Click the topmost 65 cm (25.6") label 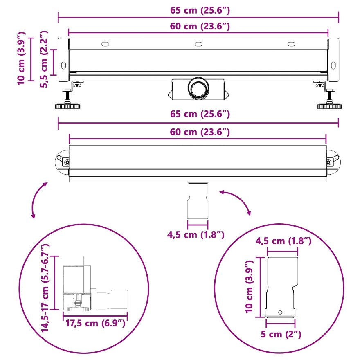200,10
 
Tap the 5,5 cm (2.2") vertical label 44,59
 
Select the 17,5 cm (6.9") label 95,323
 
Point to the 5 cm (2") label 281,334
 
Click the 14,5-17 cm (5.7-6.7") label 45,288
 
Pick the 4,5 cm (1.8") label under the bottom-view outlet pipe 196,235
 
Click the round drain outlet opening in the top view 198,88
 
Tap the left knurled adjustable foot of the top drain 67,106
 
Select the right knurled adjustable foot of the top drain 329,106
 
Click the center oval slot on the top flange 198,44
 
